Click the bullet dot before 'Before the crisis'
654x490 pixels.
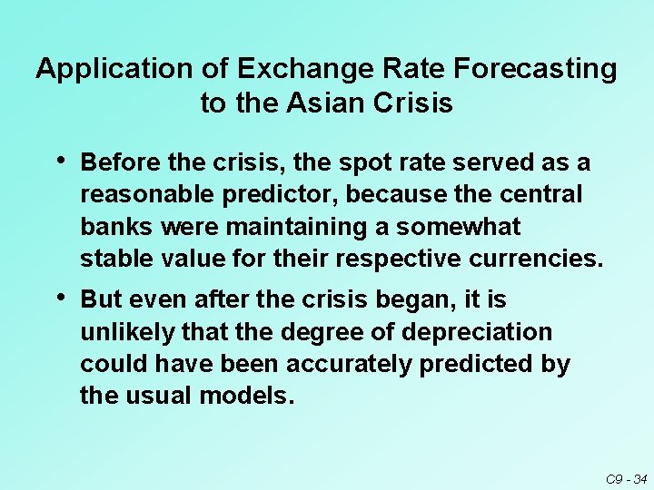tap(60, 160)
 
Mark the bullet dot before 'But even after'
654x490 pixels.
tap(60, 296)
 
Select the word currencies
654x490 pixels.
tap(536, 260)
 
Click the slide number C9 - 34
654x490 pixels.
tap(626, 478)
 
